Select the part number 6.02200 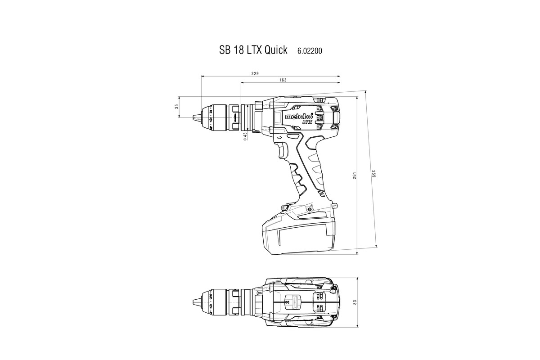coord(309,51)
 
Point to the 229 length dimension coord(255,73)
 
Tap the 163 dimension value coord(283,80)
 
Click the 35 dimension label coord(177,107)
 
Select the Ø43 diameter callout coord(245,136)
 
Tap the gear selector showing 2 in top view coord(288,302)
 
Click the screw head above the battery coord(310,210)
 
